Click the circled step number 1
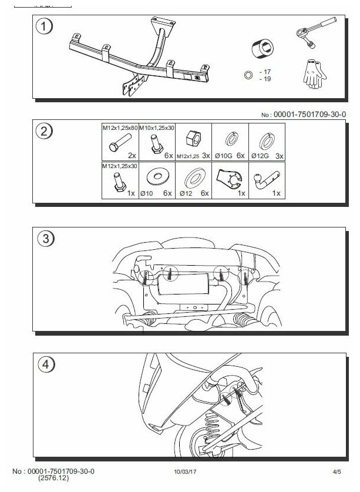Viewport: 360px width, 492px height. click(x=42, y=27)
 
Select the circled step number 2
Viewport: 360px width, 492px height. click(x=42, y=132)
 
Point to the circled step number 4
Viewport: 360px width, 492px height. click(x=42, y=364)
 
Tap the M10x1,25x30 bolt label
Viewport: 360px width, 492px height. click(x=159, y=128)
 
